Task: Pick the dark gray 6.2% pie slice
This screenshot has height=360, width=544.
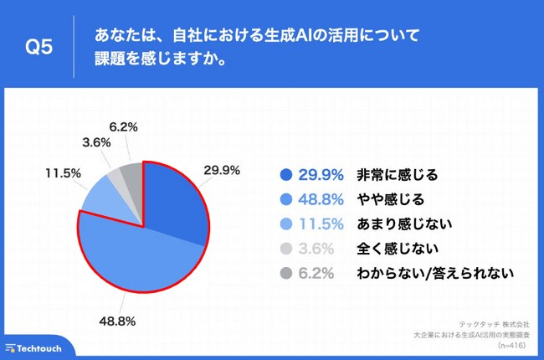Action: pyautogui.click(x=131, y=175)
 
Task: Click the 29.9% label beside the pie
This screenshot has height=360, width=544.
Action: pyautogui.click(x=222, y=170)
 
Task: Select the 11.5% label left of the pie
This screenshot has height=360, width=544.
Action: pyautogui.click(x=63, y=173)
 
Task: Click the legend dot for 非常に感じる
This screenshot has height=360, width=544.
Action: pyautogui.click(x=285, y=175)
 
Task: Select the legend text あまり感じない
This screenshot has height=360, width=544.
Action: pyautogui.click(x=404, y=224)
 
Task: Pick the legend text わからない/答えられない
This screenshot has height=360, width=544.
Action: pyautogui.click(x=434, y=272)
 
